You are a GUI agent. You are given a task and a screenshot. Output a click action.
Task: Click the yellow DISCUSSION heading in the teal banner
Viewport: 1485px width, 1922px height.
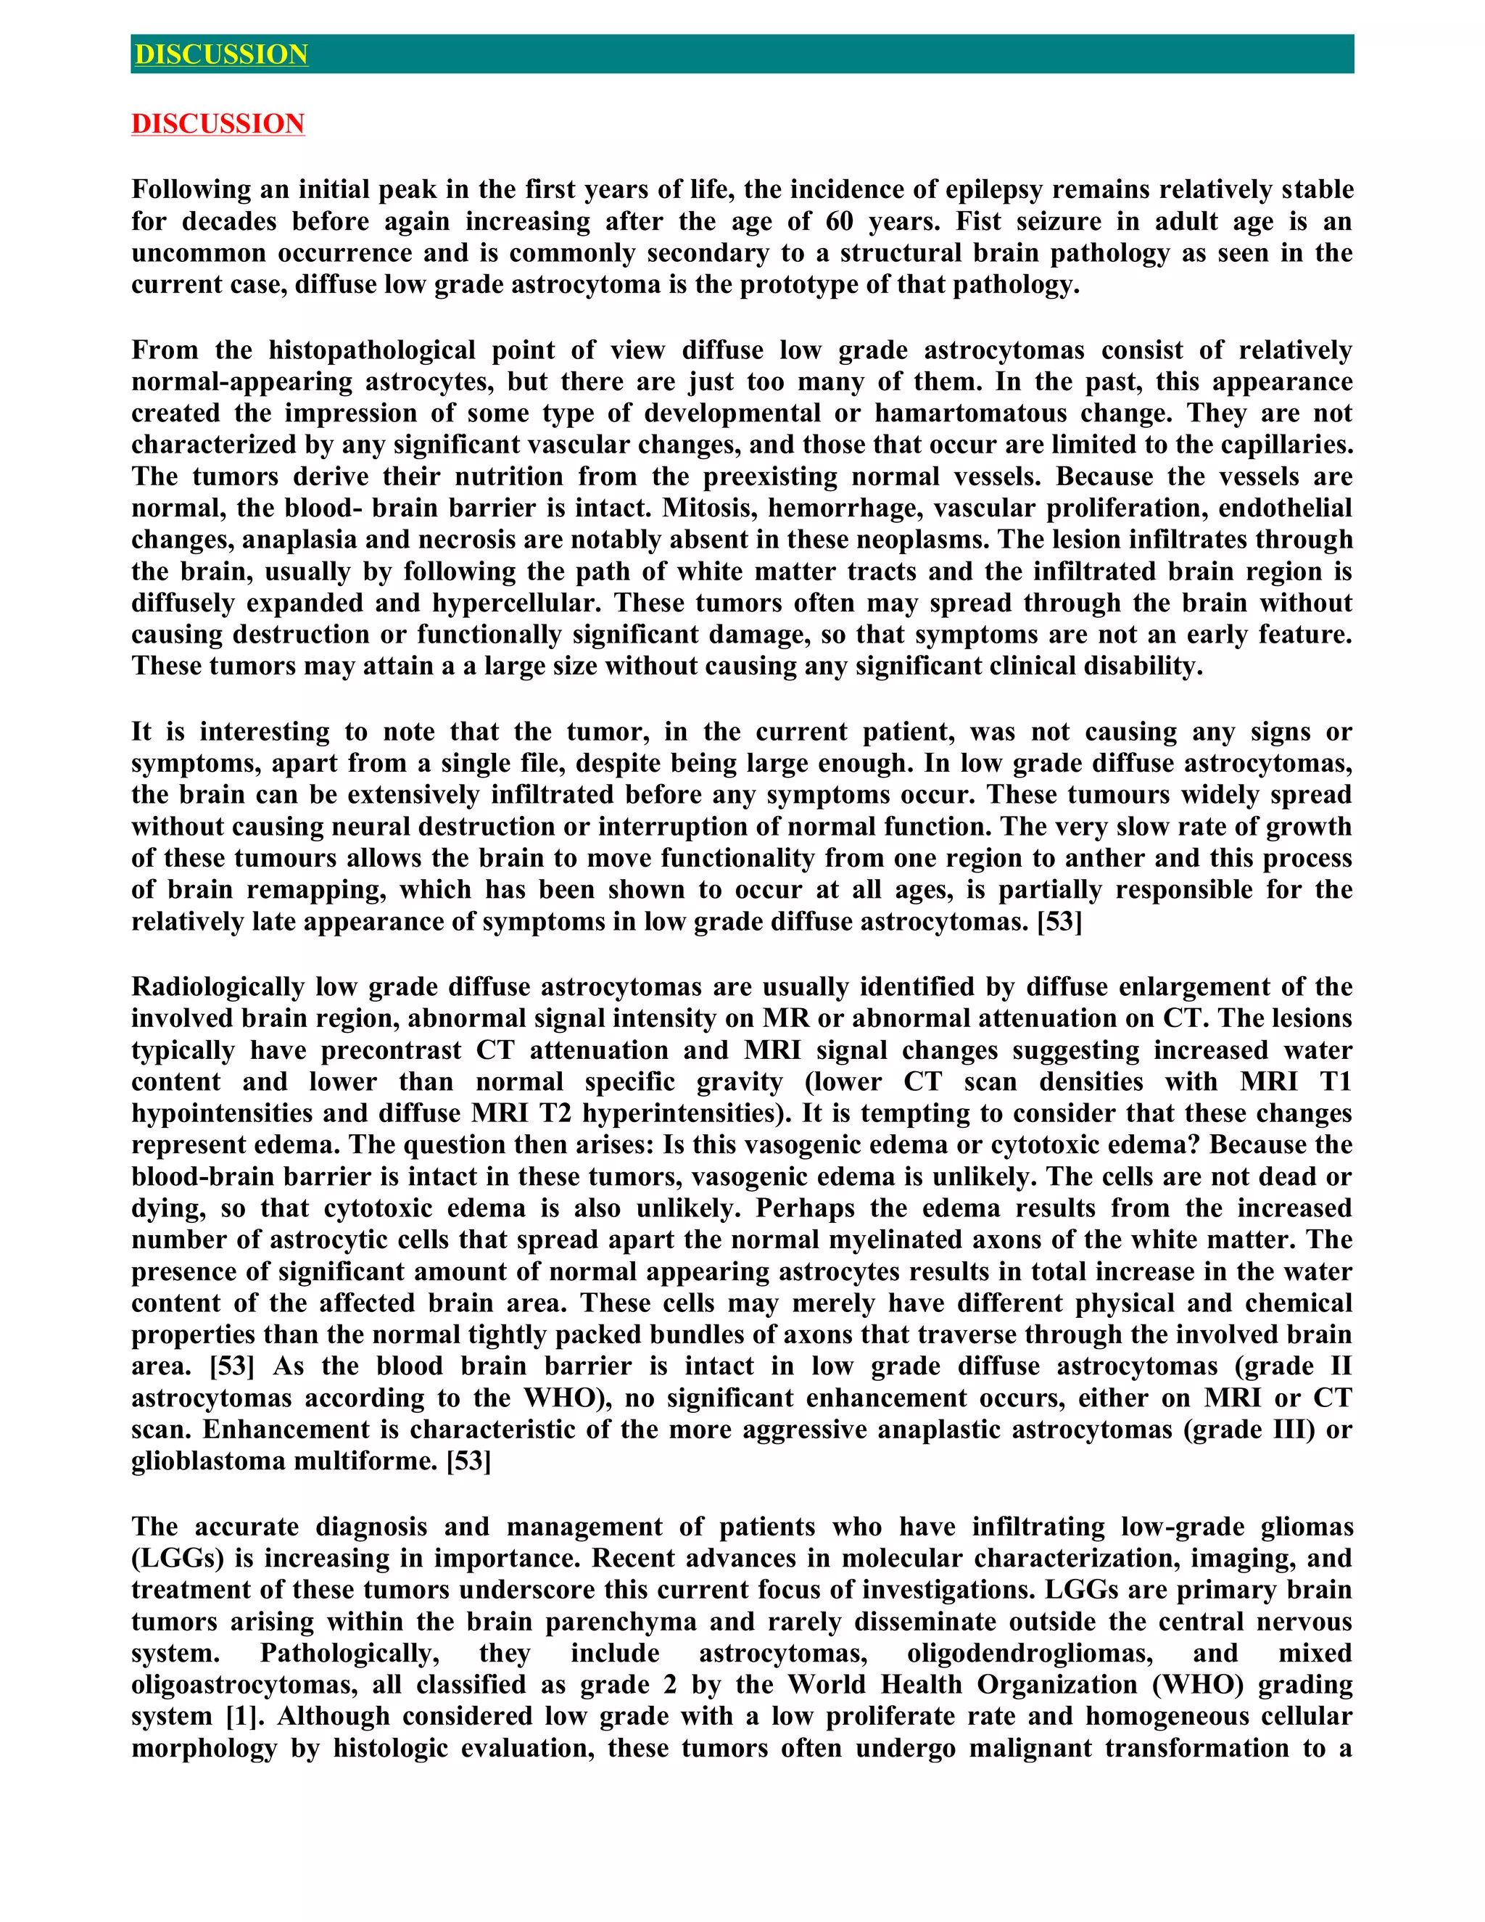(221, 54)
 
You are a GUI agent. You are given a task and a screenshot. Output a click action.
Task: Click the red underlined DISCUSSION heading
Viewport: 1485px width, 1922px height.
(218, 123)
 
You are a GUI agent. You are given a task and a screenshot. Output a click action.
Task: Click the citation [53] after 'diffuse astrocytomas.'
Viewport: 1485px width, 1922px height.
(1059, 921)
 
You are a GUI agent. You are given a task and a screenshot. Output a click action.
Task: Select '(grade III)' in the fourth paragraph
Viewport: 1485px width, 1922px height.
(1249, 1430)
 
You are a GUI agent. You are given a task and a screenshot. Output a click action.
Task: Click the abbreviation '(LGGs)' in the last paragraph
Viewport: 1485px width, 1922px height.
(178, 1559)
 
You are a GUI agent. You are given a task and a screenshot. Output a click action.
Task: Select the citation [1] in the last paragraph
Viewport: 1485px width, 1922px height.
(246, 1717)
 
